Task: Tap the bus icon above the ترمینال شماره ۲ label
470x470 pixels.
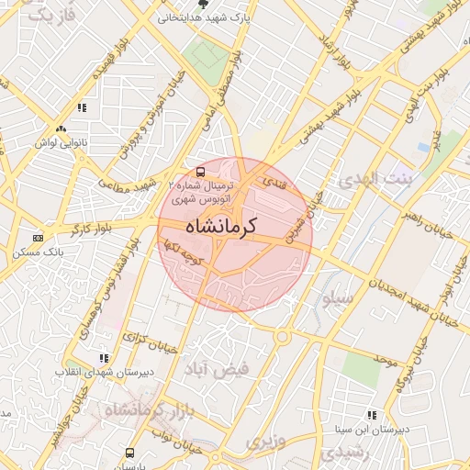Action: [x=201, y=172]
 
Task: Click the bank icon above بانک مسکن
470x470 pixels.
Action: [x=38, y=238]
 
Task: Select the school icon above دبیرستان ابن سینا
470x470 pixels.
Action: [x=371, y=415]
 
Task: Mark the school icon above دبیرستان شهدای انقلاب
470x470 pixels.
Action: [x=104, y=358]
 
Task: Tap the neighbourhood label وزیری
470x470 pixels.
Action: [x=265, y=442]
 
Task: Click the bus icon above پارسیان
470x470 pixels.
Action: [x=129, y=453]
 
